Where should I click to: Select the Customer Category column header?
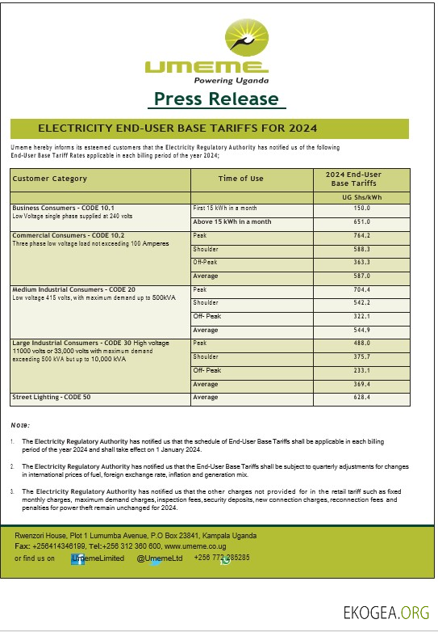50,179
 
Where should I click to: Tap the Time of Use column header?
240,179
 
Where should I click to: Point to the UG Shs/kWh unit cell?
361,197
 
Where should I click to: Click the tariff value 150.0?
361,209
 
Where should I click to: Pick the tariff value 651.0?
361,221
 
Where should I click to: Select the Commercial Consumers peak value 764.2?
361,235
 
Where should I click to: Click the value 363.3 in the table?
361,263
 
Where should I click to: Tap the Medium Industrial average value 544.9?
361,330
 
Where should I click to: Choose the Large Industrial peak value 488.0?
361,343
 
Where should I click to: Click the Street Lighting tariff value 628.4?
361,398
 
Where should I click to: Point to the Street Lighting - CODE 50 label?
50,398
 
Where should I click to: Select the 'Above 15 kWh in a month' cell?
232,221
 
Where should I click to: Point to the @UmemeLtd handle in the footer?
160,558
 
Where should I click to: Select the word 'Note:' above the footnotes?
21,424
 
